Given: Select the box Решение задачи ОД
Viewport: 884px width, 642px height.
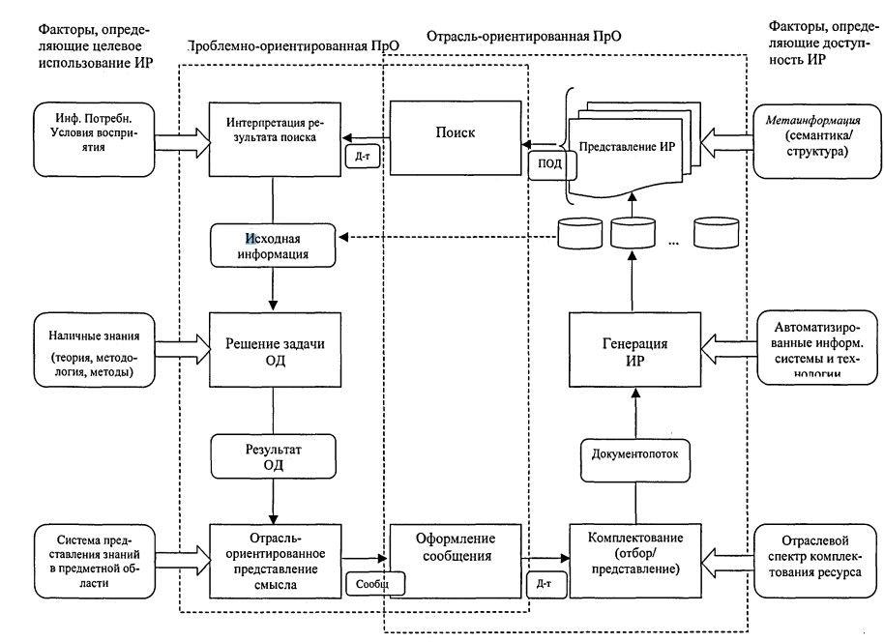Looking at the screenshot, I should click(x=273, y=350).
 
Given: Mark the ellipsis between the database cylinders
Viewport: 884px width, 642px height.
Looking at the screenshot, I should click(x=674, y=242).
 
